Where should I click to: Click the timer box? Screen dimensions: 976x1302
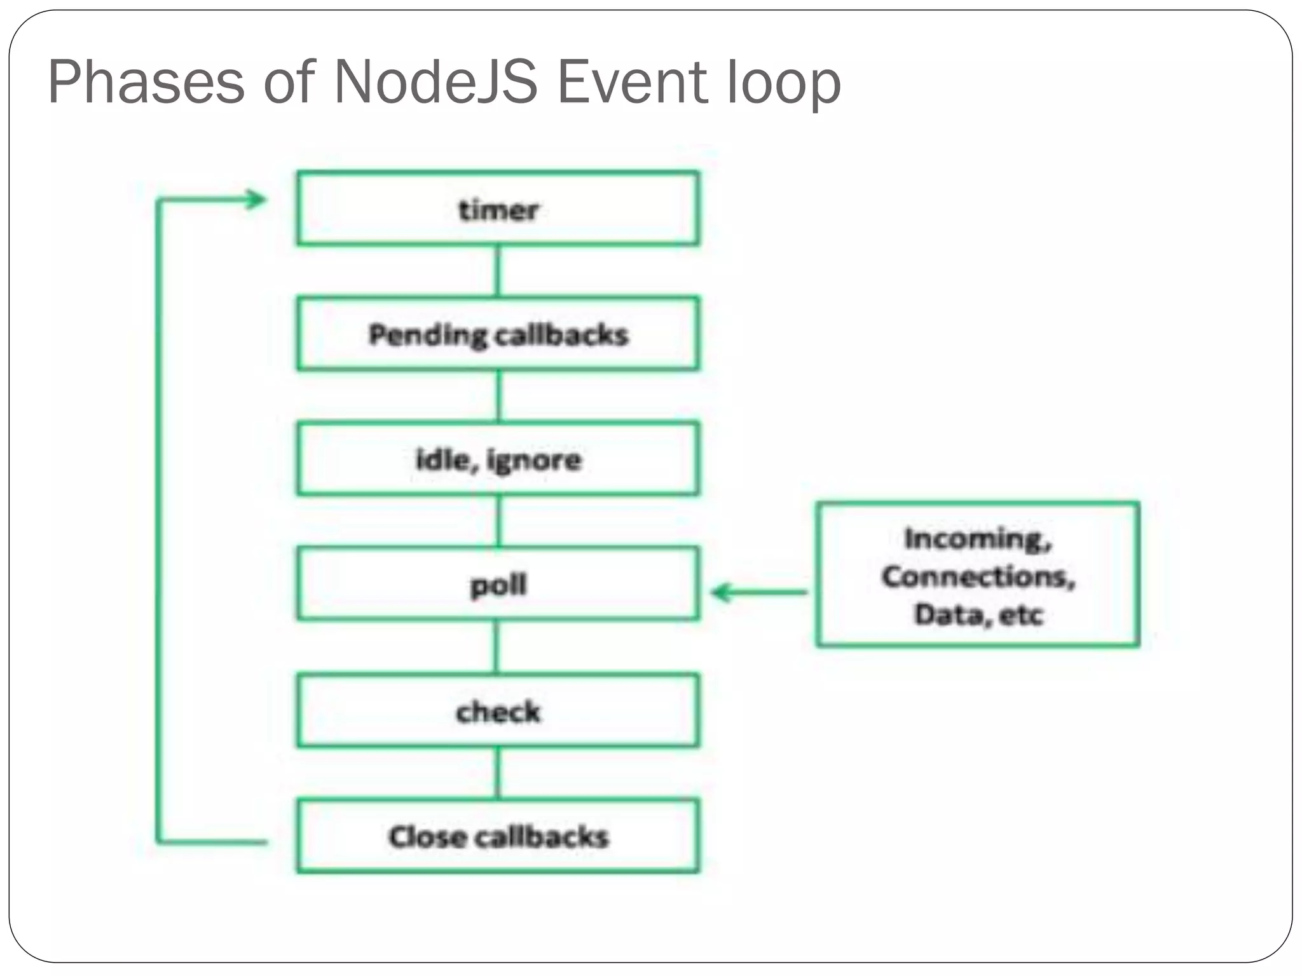pos(498,208)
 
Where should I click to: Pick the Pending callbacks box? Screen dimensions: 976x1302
pos(498,334)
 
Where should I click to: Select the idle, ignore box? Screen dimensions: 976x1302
pos(498,459)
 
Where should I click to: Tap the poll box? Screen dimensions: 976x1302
pos(498,584)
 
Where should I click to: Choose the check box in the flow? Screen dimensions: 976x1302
pos(498,710)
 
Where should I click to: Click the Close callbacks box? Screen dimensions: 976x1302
pos(498,836)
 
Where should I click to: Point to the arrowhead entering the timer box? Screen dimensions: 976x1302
pos(257,200)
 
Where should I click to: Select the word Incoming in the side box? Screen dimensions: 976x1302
pos(977,539)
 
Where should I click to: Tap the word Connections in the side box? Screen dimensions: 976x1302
pos(977,576)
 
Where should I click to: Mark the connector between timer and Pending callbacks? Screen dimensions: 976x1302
pos(498,271)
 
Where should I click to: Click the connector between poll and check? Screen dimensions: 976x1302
pos(497,647)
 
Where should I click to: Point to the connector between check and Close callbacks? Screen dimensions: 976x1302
pos(498,773)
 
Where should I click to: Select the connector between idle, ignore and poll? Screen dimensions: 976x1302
pos(498,521)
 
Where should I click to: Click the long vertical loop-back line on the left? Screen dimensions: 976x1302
pos(158,521)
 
